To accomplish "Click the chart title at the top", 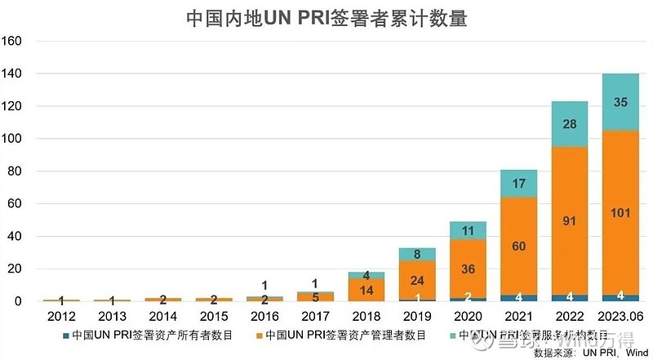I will click(x=326, y=18).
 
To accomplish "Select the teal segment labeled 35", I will click(x=620, y=103).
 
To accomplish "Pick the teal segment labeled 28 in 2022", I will click(x=568, y=124).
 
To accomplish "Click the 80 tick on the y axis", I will click(x=15, y=171).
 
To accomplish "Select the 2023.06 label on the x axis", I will click(x=620, y=316).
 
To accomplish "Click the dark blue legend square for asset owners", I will click(x=65, y=335).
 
